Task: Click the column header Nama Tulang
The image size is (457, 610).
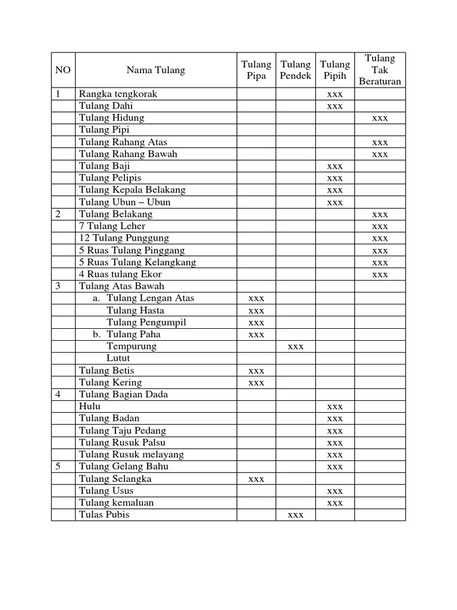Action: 155,70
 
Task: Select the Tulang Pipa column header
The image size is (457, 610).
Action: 256,70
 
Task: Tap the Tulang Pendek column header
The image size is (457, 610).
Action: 296,70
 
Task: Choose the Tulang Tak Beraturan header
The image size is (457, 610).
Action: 380,70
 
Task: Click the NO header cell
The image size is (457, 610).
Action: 63,70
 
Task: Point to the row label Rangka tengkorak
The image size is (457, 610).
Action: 118,94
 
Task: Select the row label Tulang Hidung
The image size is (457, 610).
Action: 112,118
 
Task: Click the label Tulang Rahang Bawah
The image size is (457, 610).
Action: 129,154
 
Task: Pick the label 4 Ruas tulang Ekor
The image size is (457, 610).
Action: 120,275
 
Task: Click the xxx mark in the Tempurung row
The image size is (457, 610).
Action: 296,347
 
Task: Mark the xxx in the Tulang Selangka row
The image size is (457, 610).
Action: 256,479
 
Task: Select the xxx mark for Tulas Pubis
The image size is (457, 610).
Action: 296,515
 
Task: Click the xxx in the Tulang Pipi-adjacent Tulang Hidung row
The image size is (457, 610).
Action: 380,119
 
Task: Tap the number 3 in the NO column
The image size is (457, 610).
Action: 58,287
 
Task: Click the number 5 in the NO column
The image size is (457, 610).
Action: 58,466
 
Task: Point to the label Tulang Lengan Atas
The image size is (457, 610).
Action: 151,298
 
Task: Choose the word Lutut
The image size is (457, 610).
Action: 118,359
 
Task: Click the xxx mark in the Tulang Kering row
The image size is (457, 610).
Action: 256,383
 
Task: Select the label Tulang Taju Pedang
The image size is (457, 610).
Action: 123,431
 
